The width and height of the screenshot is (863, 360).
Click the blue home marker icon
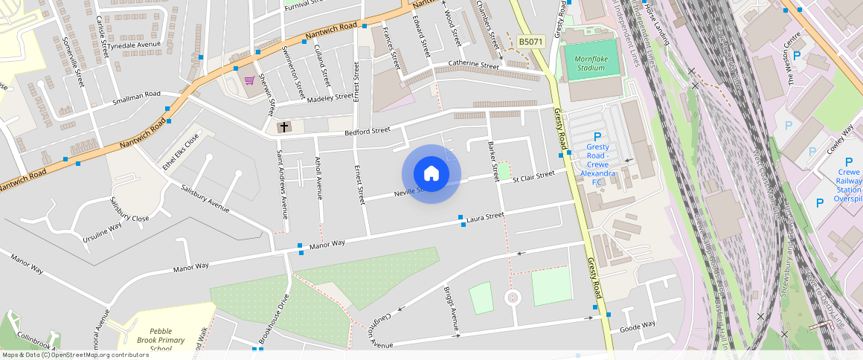pos(431,174)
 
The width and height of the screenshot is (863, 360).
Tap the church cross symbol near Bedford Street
pos(283,128)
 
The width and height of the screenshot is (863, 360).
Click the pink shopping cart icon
pos(249,80)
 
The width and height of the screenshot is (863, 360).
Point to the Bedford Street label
pos(367,131)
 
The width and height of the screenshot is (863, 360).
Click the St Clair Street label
pos(527,179)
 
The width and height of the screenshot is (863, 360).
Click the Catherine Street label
pos(472,65)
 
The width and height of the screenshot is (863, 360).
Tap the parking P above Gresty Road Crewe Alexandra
pos(597,137)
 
